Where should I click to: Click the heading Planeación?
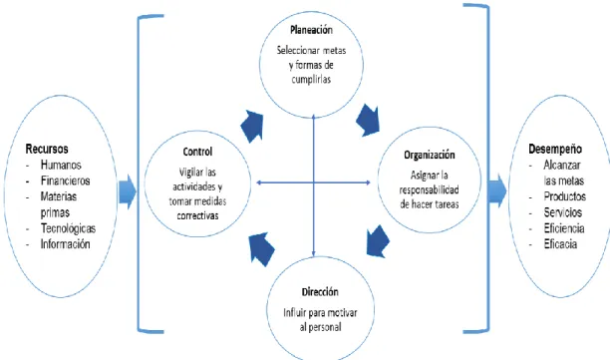click(311, 30)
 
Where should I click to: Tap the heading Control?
click(197, 152)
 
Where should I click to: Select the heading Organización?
click(430, 155)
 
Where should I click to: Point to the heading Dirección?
click(320, 292)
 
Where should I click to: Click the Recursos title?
click(47, 149)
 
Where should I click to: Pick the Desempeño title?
click(555, 149)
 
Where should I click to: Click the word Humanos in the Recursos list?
click(61, 165)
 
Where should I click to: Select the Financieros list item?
click(66, 180)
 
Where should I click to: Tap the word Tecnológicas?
click(68, 228)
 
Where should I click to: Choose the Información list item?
click(66, 244)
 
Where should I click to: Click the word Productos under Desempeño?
click(564, 196)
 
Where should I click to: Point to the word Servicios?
click(563, 212)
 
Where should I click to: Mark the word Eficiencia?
click(564, 228)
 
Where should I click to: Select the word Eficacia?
click(560, 244)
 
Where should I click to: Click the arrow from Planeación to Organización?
click(368, 120)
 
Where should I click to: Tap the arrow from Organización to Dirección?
click(378, 241)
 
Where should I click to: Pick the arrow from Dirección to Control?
click(261, 249)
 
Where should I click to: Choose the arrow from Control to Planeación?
click(252, 127)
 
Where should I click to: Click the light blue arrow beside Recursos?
click(128, 191)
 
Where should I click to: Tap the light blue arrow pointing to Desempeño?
click(497, 190)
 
